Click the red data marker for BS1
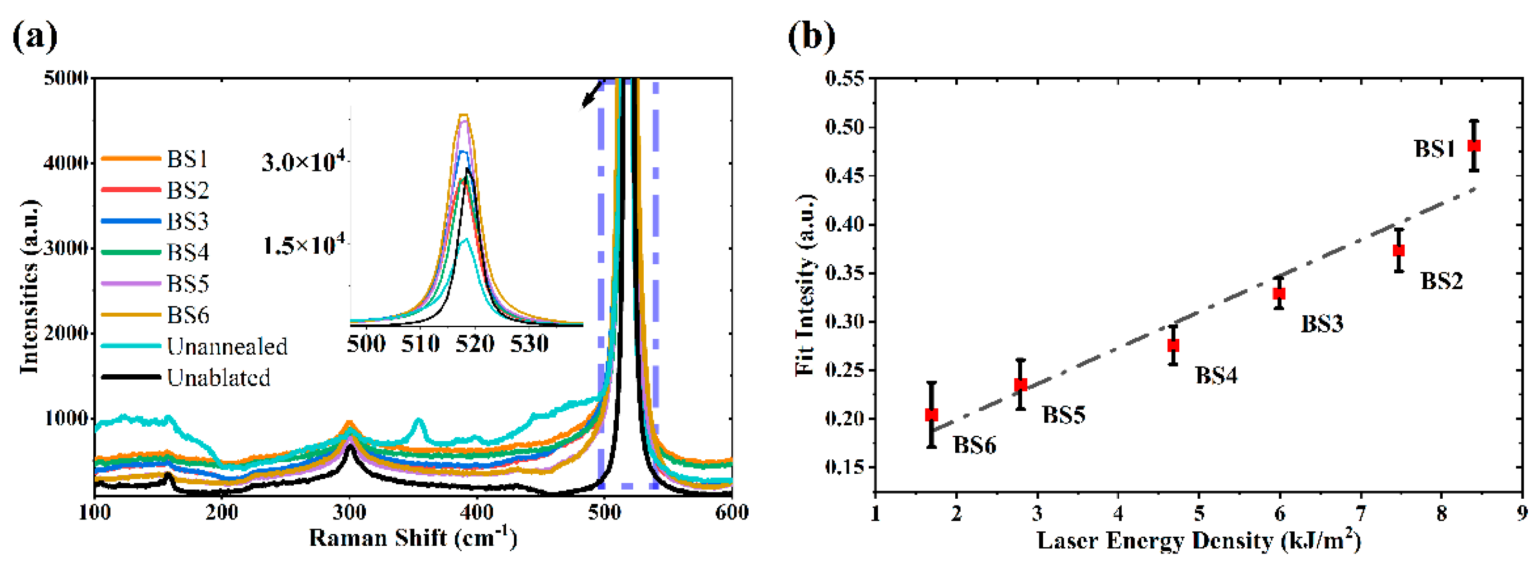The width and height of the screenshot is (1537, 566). tap(1473, 146)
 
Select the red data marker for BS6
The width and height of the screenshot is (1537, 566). tap(931, 415)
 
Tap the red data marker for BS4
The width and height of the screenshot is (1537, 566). tap(1173, 345)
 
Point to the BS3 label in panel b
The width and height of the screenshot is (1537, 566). tap(1322, 324)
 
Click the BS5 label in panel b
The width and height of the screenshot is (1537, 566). tap(1063, 415)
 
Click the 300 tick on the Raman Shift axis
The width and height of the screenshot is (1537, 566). tap(349, 512)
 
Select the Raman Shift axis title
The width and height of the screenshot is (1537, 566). tap(413, 538)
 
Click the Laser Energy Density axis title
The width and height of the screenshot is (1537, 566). tap(1200, 541)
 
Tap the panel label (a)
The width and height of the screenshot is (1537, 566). tap(35, 37)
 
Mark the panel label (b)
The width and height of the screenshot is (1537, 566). tap(812, 37)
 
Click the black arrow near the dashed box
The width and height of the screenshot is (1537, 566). tap(591, 96)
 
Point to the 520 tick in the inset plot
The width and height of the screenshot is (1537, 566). tap(475, 344)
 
